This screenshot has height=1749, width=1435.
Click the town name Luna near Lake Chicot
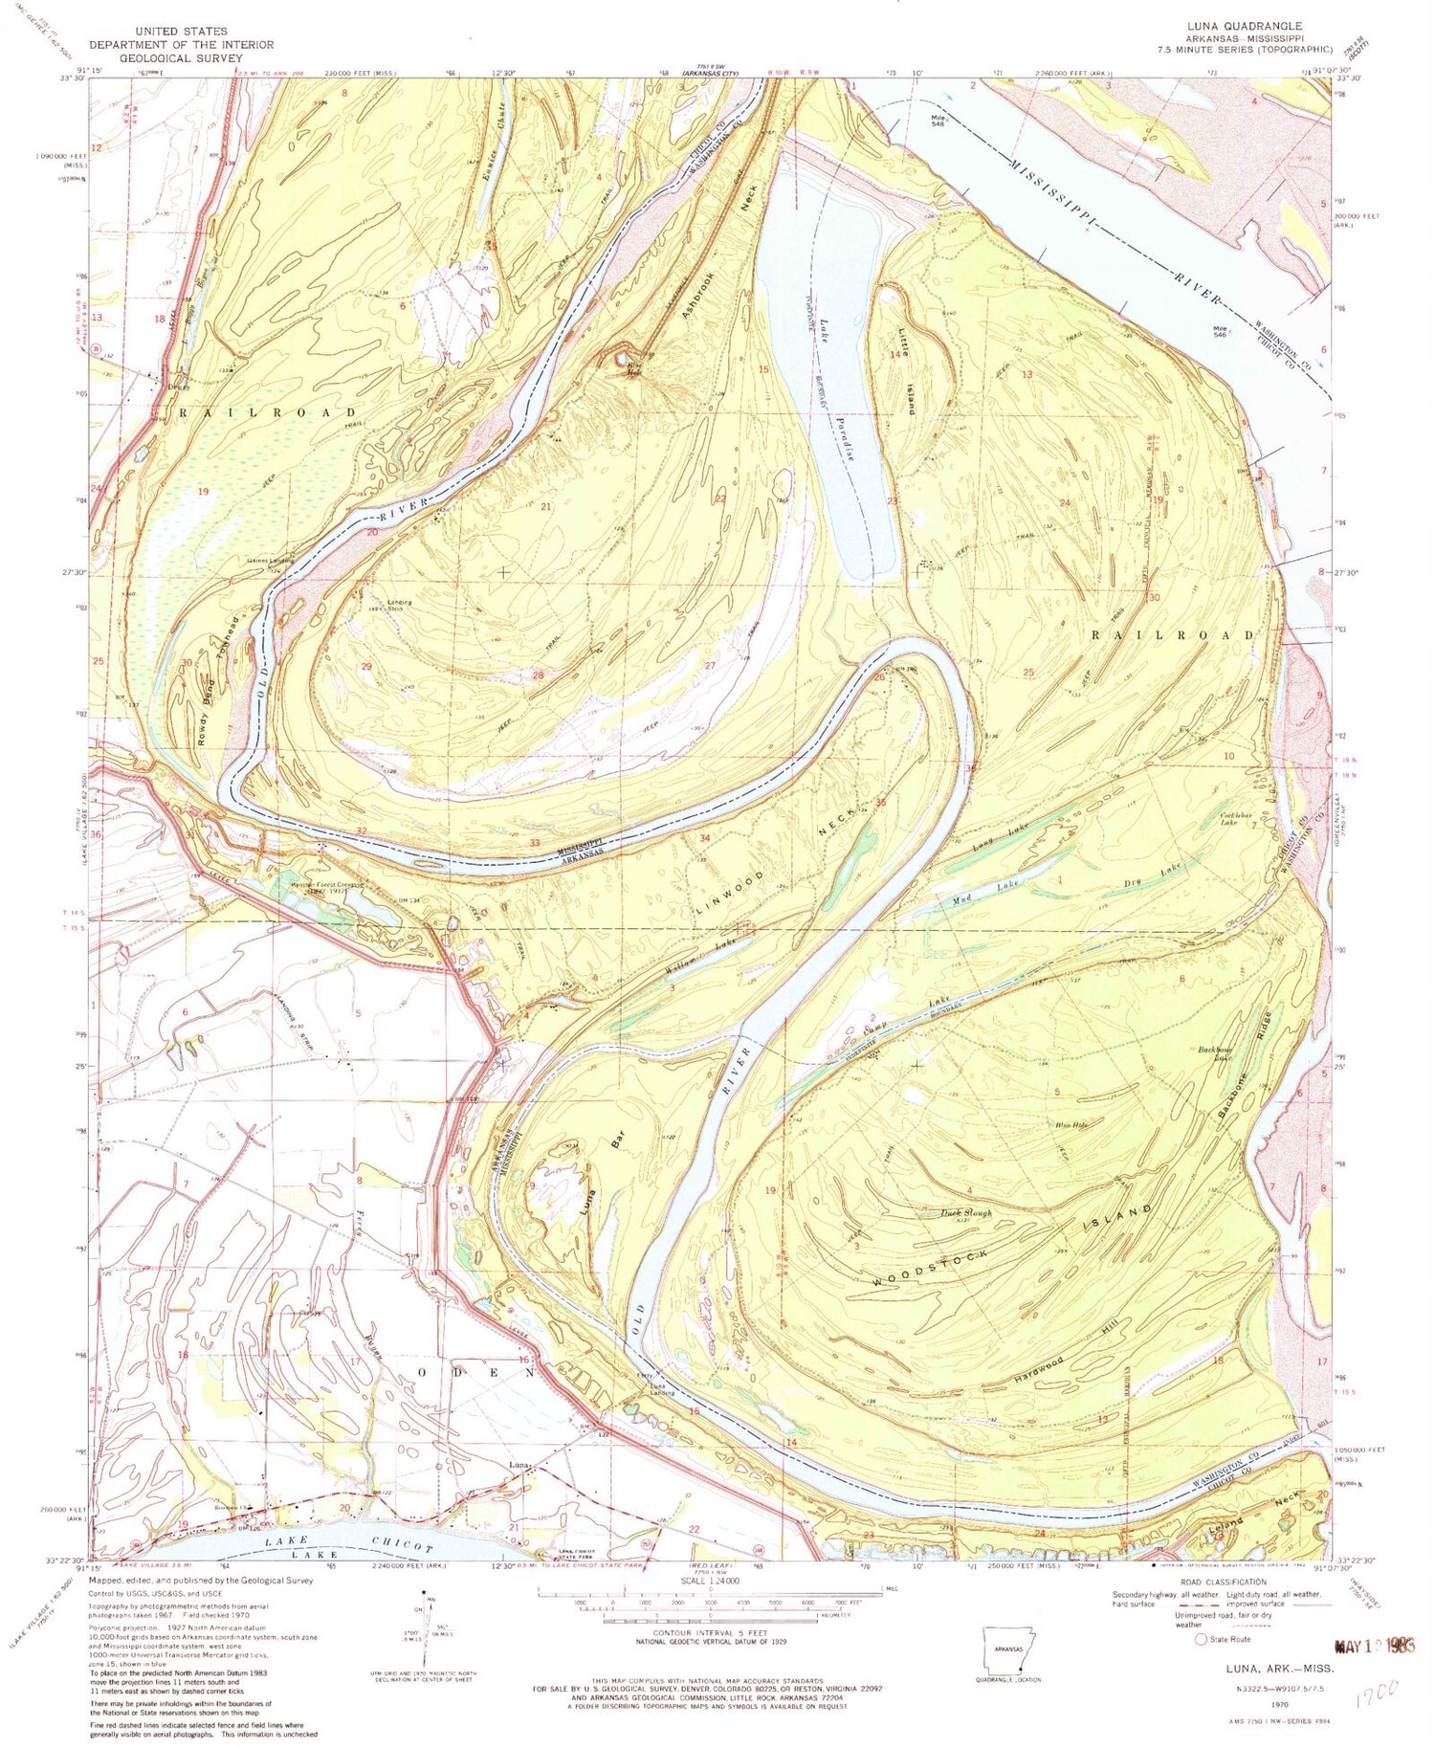(x=519, y=1465)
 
